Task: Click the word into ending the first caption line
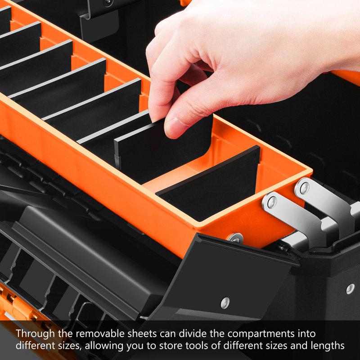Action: tap(306, 333)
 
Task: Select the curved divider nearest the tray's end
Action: tap(209, 184)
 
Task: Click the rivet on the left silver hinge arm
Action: tap(272, 202)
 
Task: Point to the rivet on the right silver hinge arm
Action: tap(305, 188)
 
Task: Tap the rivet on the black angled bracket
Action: tap(225, 303)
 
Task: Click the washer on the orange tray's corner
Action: tap(235, 238)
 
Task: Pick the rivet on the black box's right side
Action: tap(350, 289)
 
